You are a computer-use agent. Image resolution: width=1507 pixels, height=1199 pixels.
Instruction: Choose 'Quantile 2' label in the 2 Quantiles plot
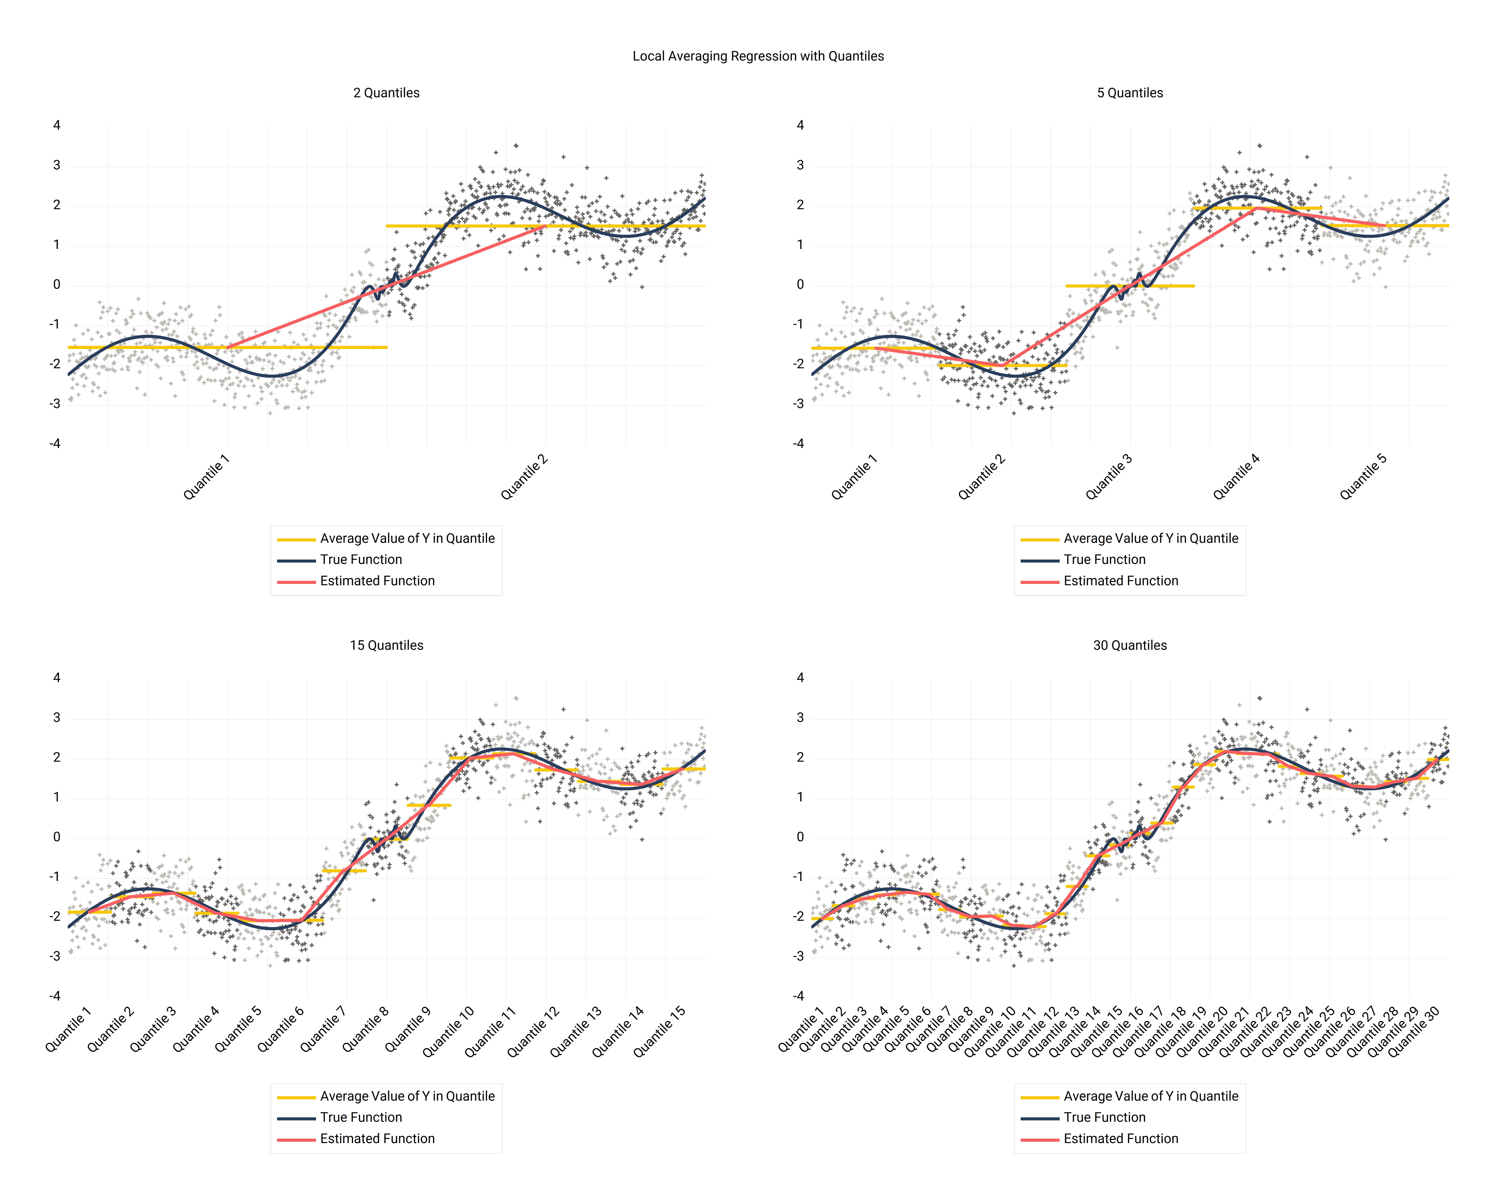point(524,478)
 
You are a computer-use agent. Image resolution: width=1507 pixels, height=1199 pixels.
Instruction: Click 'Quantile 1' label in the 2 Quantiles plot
point(206,478)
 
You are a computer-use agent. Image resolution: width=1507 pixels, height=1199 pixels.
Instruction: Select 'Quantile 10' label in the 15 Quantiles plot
point(448,1031)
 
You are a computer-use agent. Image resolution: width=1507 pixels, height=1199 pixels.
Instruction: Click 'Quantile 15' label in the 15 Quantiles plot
point(659,1031)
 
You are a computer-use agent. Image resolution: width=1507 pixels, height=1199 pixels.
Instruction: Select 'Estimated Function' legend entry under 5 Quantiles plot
point(1121,581)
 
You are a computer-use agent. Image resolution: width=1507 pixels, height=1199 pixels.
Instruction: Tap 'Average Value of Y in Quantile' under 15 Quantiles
point(407,1096)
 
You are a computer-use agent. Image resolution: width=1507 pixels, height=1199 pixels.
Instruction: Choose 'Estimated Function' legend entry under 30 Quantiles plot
point(1121,1139)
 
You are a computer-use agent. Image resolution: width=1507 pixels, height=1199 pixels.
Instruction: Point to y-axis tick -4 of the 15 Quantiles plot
point(55,996)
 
